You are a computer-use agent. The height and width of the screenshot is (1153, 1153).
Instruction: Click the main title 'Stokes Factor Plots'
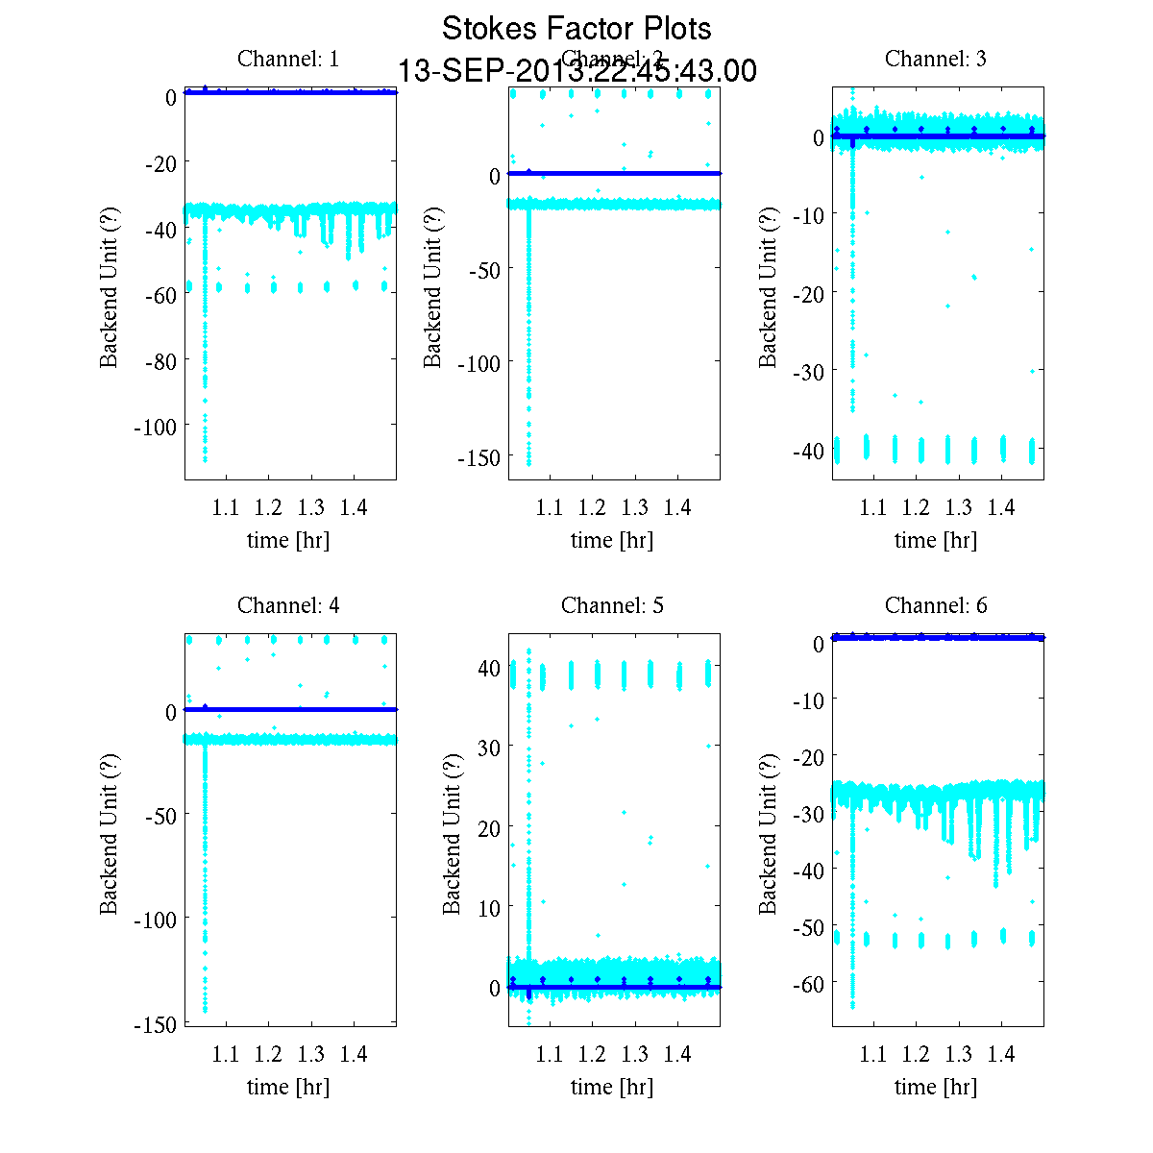click(576, 29)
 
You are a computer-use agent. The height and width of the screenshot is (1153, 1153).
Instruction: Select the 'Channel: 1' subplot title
click(288, 59)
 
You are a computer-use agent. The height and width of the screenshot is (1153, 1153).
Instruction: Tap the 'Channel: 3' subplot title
click(935, 59)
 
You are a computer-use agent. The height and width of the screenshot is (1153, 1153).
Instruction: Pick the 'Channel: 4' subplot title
click(288, 605)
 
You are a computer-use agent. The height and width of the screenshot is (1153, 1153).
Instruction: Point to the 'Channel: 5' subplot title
click(612, 605)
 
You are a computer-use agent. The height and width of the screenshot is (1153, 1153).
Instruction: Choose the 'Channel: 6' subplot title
click(935, 605)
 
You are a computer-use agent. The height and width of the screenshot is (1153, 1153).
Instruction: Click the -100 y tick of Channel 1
click(155, 427)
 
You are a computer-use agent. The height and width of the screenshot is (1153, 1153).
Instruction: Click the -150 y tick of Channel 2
click(478, 458)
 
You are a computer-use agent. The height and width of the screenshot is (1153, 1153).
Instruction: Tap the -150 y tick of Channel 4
click(155, 1025)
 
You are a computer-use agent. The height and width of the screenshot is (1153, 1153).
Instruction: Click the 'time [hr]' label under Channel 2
click(612, 540)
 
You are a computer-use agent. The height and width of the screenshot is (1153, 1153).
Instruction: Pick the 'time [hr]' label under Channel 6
click(935, 1087)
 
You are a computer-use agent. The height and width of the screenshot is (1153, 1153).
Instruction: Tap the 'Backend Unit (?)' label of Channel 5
click(452, 834)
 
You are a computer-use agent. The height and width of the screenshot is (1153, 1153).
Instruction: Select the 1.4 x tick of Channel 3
click(1001, 507)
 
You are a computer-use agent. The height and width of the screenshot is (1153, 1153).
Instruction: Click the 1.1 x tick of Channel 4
click(226, 1055)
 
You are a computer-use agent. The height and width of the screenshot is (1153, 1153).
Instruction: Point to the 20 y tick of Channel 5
click(488, 827)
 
